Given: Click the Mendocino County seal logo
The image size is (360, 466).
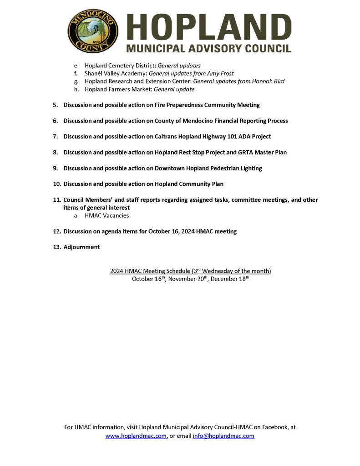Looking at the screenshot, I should (93, 31).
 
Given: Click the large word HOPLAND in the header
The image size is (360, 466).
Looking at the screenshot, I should (208, 27).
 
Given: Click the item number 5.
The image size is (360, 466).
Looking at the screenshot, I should (55, 105).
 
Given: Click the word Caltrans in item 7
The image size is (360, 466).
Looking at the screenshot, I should (167, 137).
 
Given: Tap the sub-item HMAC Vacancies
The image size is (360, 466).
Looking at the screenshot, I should (106, 215).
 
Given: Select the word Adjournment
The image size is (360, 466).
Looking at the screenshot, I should (81, 247).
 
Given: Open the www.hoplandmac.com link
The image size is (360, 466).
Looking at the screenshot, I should (136, 436).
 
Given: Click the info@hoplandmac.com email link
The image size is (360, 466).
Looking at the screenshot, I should (223, 436).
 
